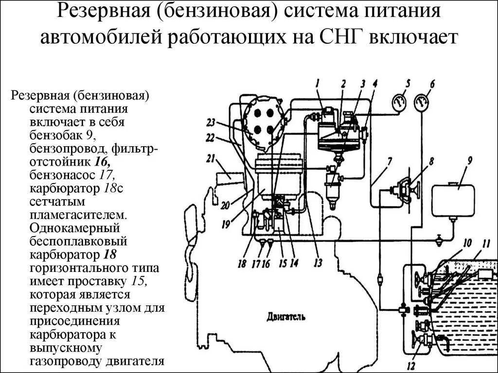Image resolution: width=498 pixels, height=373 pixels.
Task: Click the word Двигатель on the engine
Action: (x=286, y=317)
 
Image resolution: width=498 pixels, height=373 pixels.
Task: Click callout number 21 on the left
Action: (x=210, y=158)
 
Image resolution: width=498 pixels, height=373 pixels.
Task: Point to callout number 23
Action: (x=210, y=122)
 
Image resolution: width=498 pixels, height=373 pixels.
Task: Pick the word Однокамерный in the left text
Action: (x=76, y=227)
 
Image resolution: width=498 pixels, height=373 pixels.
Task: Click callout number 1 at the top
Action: (x=317, y=83)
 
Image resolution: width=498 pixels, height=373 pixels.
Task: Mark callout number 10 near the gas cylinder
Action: (x=467, y=242)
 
